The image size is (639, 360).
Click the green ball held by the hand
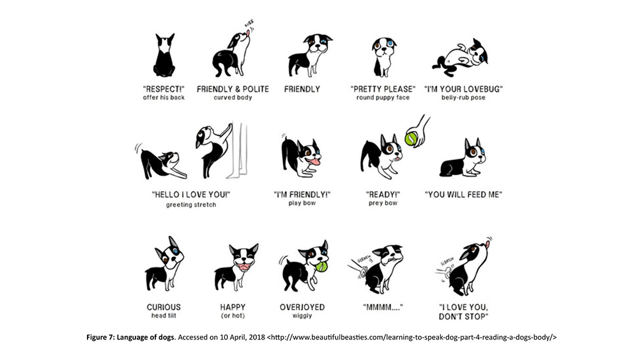pyautogui.click(x=411, y=138)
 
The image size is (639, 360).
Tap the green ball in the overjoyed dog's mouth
pyautogui.click(x=322, y=267)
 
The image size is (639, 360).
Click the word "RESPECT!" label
pyautogui.click(x=164, y=89)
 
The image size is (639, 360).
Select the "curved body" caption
pyautogui.click(x=233, y=98)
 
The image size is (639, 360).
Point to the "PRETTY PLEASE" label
pyautogui.click(x=383, y=89)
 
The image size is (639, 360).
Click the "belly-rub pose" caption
pyautogui.click(x=463, y=98)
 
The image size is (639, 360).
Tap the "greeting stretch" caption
pyautogui.click(x=190, y=205)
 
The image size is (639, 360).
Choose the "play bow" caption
pyautogui.click(x=302, y=203)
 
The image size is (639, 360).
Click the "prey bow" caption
pyautogui.click(x=383, y=203)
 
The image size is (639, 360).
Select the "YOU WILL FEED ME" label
pyautogui.click(x=463, y=194)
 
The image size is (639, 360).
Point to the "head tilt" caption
pyautogui.click(x=164, y=316)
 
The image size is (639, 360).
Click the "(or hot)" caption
pyautogui.click(x=233, y=316)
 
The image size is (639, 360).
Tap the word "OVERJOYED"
pyautogui.click(x=302, y=307)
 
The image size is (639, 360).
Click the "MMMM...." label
pyautogui.click(x=383, y=307)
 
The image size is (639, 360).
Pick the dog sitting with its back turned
pyautogui.click(x=164, y=55)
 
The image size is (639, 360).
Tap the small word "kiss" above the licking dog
pyautogui.click(x=249, y=24)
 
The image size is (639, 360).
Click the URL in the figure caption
pyautogui.click(x=412, y=338)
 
